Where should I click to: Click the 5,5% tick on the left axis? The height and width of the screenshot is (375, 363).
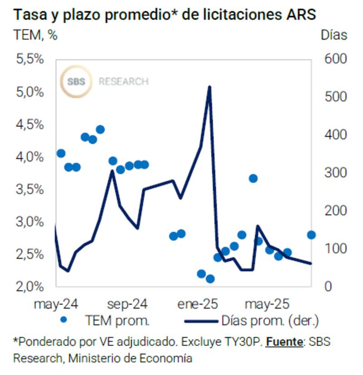[30, 59]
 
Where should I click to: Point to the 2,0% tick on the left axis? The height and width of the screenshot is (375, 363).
[30, 286]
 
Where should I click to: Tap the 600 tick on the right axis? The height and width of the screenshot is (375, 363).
[334, 59]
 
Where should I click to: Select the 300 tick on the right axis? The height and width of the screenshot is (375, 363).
[334, 173]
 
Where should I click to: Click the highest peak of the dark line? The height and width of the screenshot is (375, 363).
[209, 87]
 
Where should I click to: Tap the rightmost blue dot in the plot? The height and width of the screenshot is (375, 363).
[311, 235]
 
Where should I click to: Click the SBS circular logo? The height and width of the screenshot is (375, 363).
[76, 82]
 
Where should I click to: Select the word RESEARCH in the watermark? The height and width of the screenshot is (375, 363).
[123, 82]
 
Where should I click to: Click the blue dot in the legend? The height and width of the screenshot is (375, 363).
[64, 320]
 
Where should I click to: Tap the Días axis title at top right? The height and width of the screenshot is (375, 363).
[334, 35]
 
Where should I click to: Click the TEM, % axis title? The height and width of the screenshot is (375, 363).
[35, 35]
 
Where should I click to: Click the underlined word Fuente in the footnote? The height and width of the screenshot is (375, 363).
[284, 341]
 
